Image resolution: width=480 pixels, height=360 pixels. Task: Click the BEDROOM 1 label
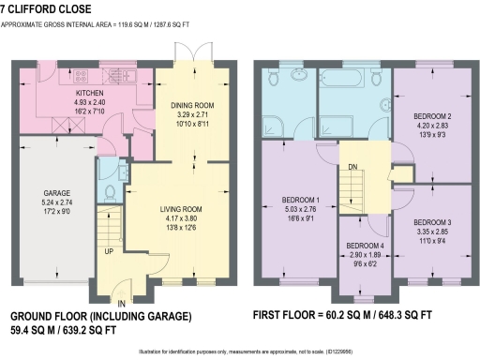302,200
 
